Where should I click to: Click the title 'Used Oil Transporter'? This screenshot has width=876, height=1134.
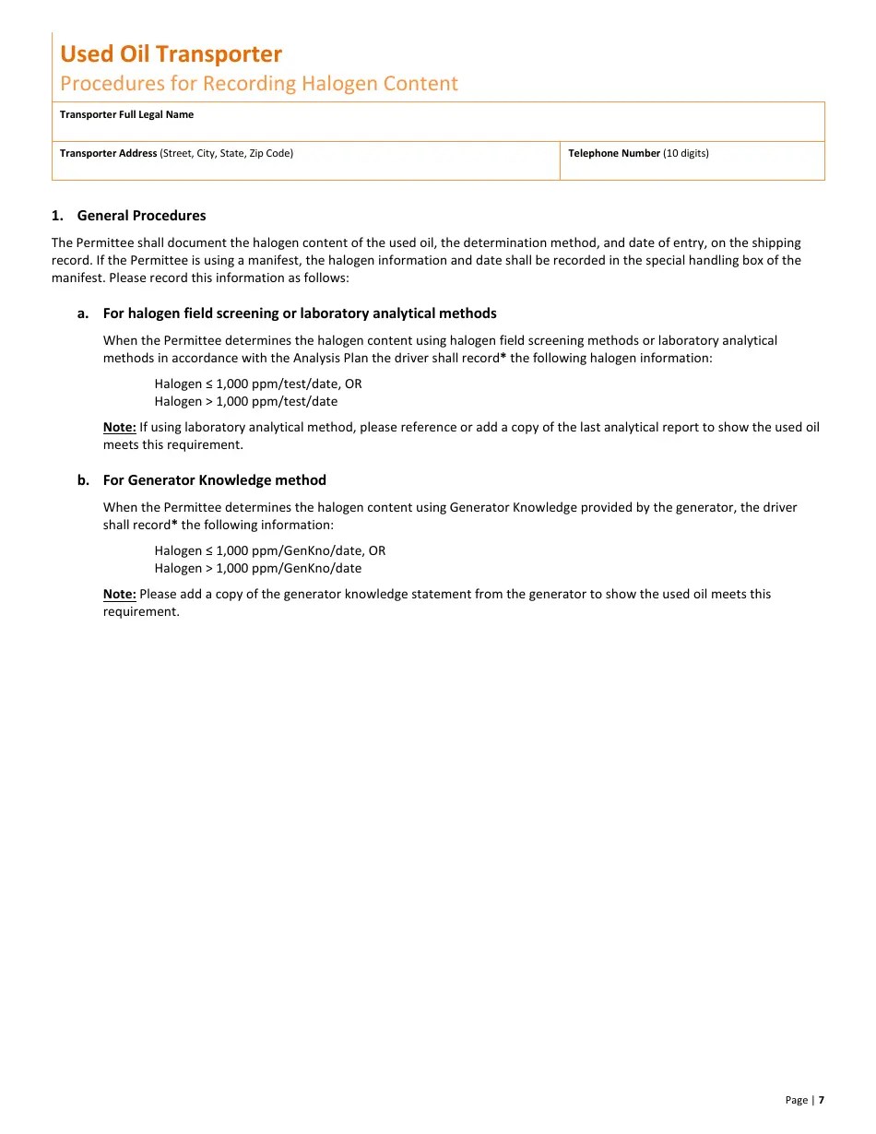click(171, 54)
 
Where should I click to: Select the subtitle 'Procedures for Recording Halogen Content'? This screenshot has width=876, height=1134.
click(258, 84)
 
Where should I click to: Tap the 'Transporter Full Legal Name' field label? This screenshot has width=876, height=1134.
click(126, 114)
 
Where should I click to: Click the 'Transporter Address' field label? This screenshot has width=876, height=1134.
click(108, 153)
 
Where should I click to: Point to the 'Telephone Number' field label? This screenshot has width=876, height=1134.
click(614, 153)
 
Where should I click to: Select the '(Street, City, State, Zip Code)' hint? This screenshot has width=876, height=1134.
click(227, 153)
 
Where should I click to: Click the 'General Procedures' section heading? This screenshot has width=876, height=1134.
click(141, 216)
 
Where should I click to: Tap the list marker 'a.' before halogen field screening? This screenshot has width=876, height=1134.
click(83, 313)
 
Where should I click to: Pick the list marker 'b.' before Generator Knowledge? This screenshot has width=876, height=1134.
click(83, 480)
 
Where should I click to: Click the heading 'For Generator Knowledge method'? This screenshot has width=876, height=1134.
click(214, 480)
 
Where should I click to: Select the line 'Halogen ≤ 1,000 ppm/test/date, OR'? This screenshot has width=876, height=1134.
click(257, 384)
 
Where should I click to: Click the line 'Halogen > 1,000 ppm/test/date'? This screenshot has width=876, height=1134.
click(245, 401)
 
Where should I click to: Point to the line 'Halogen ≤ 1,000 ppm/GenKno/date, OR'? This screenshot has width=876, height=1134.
click(269, 550)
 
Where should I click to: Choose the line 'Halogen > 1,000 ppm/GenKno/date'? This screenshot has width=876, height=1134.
click(257, 568)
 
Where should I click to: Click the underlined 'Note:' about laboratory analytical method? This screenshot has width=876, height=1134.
click(119, 427)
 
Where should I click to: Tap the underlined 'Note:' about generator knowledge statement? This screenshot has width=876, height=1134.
click(119, 594)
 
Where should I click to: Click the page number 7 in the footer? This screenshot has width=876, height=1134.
click(821, 1100)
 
